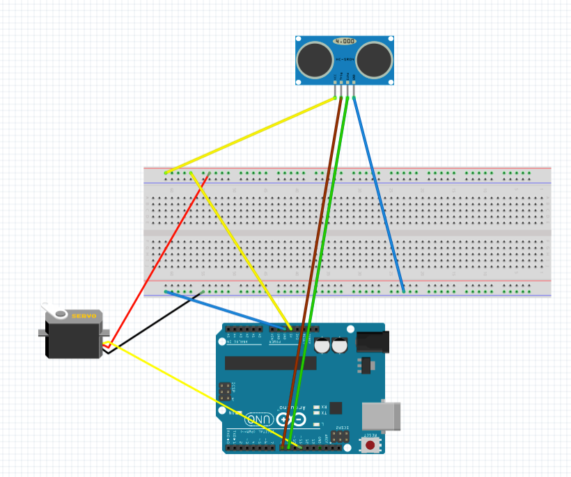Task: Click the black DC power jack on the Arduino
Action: tap(371, 341)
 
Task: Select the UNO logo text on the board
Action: tap(260, 420)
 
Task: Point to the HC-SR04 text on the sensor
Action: tap(345, 61)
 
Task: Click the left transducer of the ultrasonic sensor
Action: tap(314, 59)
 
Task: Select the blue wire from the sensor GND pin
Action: tap(380, 195)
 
